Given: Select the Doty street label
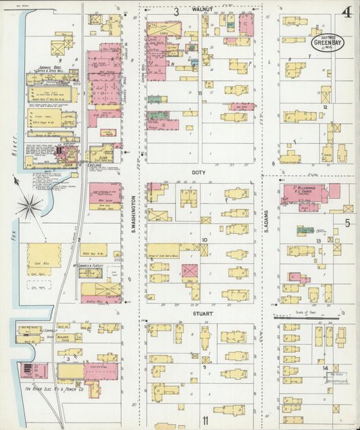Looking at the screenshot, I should click(198, 172).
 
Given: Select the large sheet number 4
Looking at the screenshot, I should click(346, 12).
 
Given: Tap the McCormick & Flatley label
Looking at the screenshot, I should click(88, 266).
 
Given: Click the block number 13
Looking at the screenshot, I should click(317, 241).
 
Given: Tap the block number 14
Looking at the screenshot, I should click(326, 368).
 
